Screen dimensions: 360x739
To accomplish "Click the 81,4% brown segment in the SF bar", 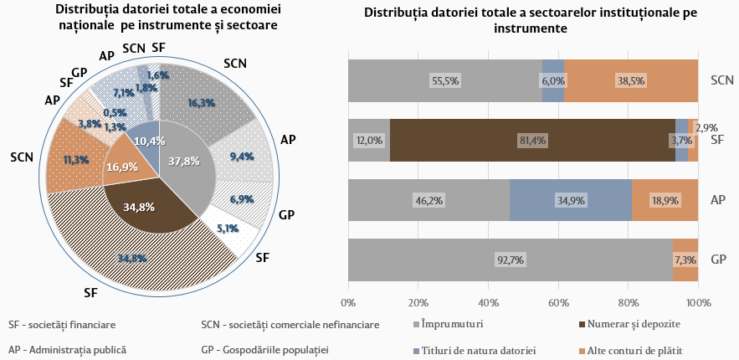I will pyautogui.click(x=532, y=140).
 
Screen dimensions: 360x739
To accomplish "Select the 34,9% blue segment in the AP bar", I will pyautogui.click(x=571, y=200).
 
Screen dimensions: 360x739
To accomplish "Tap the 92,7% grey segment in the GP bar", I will pyautogui.click(x=510, y=260).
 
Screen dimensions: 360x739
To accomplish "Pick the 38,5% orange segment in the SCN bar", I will pyautogui.click(x=630, y=80).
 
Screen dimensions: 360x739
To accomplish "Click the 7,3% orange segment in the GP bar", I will pyautogui.click(x=685, y=260).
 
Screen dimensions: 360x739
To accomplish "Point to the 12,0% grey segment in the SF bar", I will pyautogui.click(x=369, y=140).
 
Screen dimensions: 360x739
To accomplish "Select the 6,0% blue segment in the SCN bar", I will pyautogui.click(x=553, y=80).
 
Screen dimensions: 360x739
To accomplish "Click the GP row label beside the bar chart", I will pyautogui.click(x=717, y=260).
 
